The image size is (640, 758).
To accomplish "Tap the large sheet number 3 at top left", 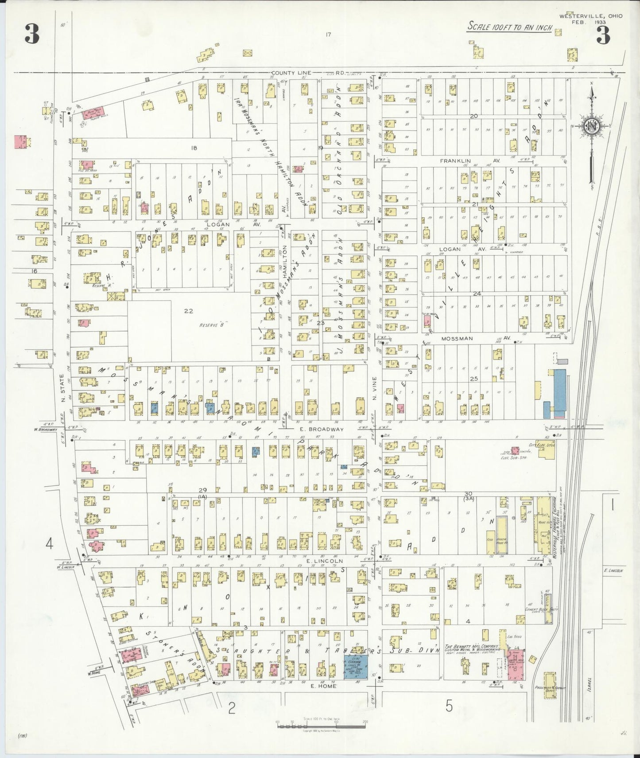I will pos(32,34).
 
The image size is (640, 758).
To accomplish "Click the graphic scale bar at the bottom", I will pos(321,723).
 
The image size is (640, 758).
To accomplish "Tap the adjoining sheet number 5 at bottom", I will pos(449,706).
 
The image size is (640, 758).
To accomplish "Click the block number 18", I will pos(193,148).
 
